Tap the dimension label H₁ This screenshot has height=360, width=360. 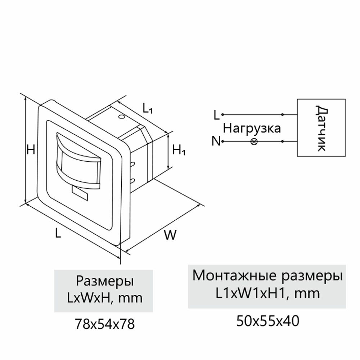click(x=179, y=150)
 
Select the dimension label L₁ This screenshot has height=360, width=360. click(x=148, y=108)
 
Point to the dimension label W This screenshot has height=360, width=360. click(x=170, y=235)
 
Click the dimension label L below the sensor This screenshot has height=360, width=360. click(x=58, y=234)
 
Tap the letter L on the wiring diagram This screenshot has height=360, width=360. click(x=216, y=115)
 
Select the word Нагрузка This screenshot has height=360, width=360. click(x=252, y=129)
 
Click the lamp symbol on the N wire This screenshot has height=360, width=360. click(x=254, y=141)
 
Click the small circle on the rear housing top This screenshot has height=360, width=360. click(x=122, y=117)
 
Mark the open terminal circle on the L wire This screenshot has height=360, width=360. click(x=223, y=115)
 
